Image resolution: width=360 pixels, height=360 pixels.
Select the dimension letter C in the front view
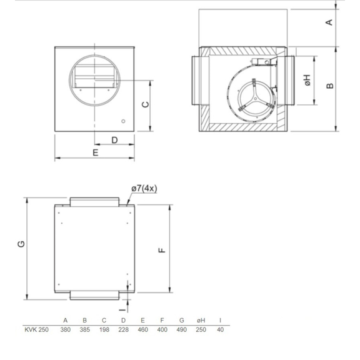(145, 104)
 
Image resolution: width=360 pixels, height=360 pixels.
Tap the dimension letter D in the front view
(114, 140)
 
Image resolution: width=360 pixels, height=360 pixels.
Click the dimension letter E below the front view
(96, 152)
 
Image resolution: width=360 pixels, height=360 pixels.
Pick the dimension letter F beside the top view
(162, 250)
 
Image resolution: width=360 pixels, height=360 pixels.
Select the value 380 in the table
(65, 331)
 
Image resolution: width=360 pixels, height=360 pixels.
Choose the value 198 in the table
(104, 331)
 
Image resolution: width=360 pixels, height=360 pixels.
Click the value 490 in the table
(181, 331)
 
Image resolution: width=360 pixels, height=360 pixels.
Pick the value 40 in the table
(220, 331)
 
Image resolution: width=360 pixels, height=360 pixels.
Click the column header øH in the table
(201, 321)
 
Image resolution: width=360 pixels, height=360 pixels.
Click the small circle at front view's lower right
(124, 121)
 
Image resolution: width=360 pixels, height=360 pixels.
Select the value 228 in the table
(123, 331)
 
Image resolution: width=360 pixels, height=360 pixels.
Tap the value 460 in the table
(142, 331)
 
